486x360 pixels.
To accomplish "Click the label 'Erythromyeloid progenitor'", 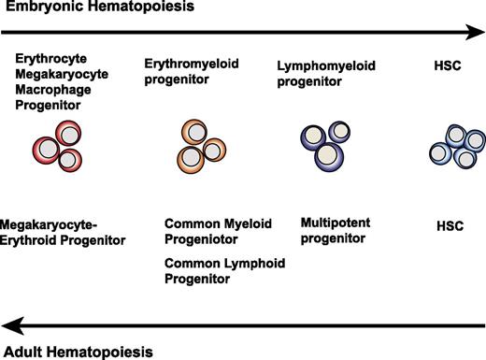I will tap(191, 71).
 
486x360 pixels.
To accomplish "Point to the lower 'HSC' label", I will tap(451, 226).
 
